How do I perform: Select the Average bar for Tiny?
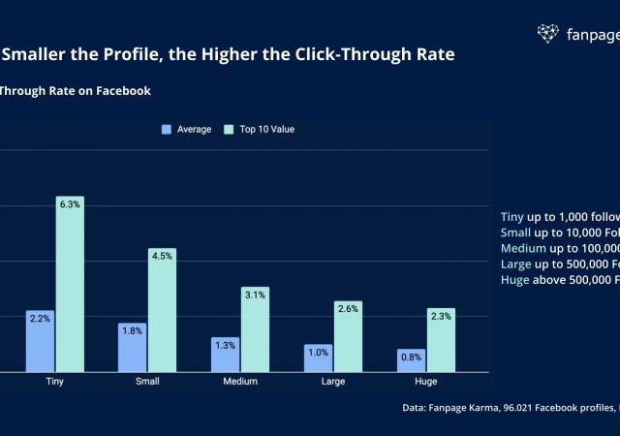[40, 340]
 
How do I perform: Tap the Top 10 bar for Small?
[162, 310]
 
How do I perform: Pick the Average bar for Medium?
[225, 354]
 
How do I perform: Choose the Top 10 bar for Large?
[348, 336]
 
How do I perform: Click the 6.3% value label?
[70, 203]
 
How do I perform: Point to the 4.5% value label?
[162, 256]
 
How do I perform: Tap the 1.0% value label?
[318, 352]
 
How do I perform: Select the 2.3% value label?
[441, 316]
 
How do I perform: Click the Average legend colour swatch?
[167, 129]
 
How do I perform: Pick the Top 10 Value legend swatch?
[228, 129]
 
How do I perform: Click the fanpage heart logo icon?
[548, 34]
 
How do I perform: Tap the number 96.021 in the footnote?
[521, 408]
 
